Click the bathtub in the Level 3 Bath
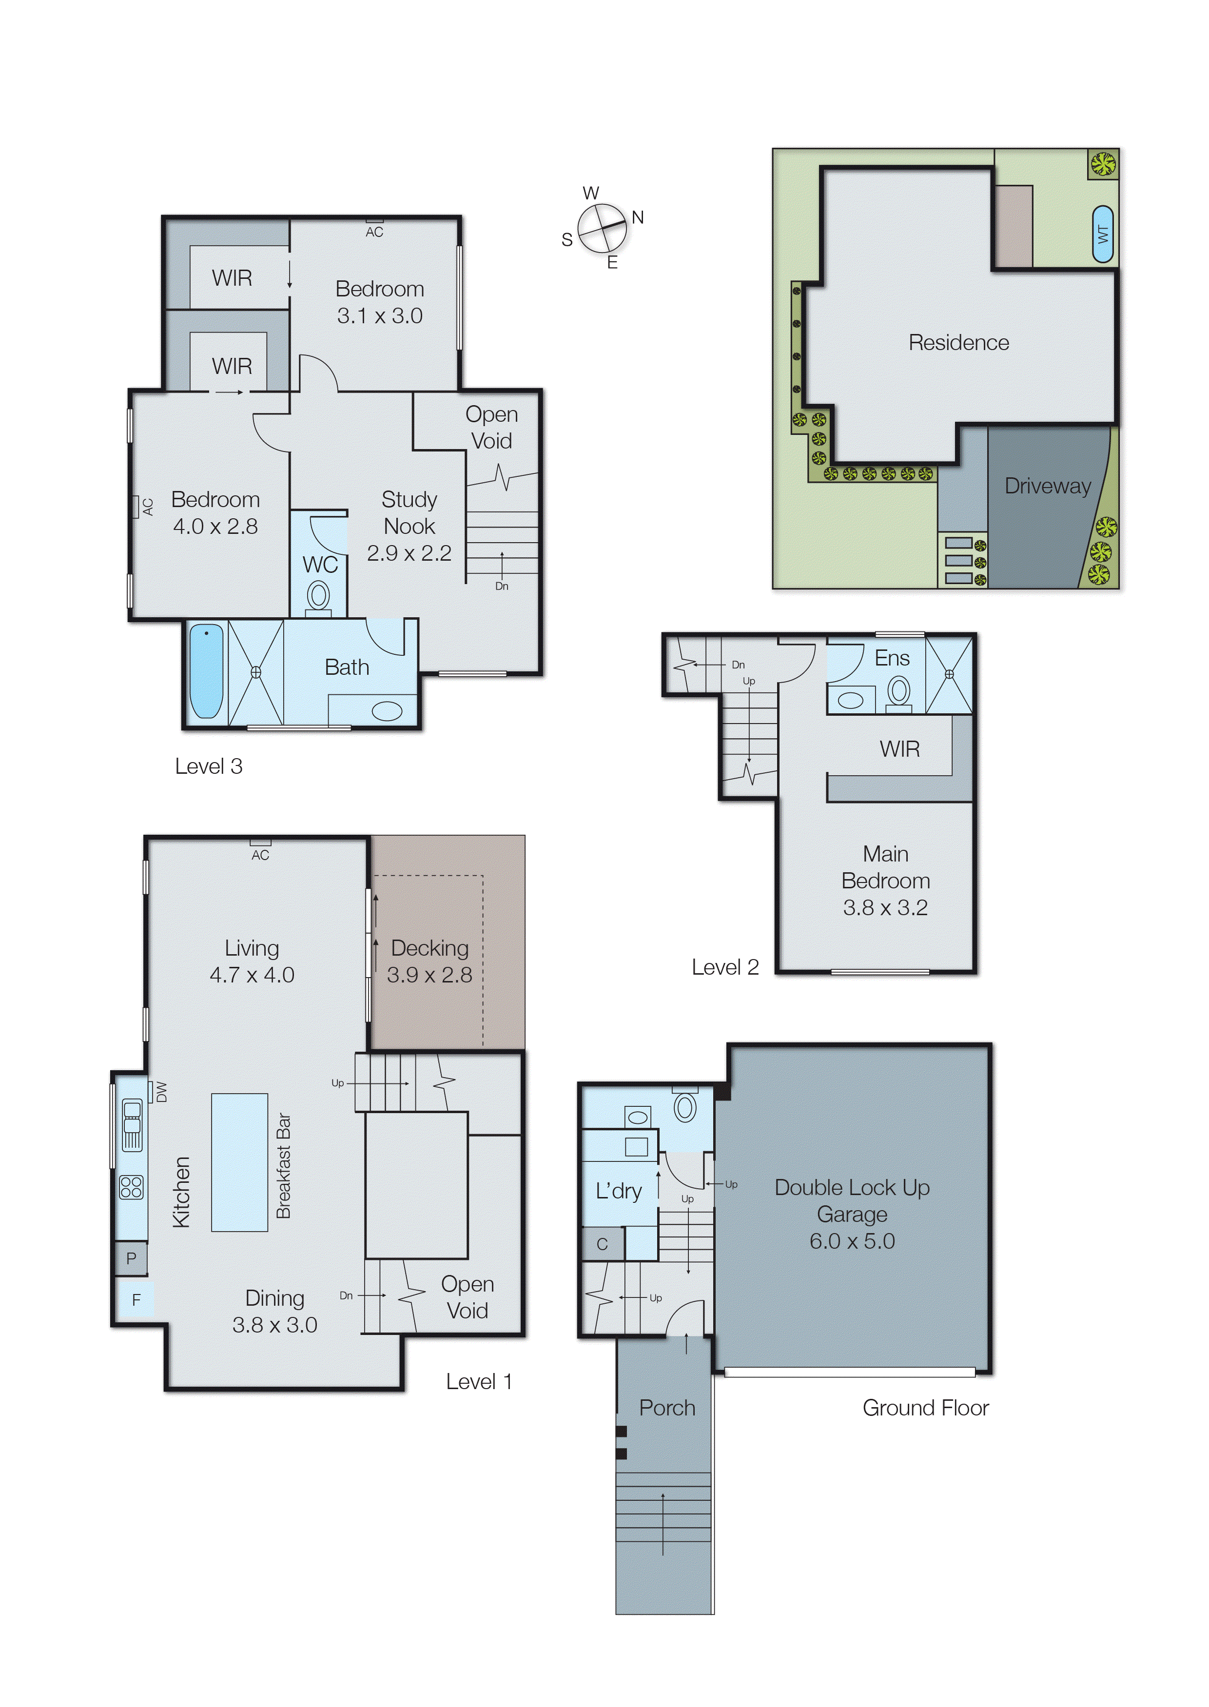(206, 671)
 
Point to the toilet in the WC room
(319, 595)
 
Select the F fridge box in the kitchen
(136, 1300)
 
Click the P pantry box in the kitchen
(131, 1258)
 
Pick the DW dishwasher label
(161, 1092)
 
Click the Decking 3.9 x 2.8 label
(429, 961)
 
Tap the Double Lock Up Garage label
(852, 1214)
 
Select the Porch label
(667, 1408)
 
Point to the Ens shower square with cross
(949, 674)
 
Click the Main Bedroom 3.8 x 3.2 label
(885, 881)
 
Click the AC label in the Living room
(260, 855)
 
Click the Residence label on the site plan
(958, 342)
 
